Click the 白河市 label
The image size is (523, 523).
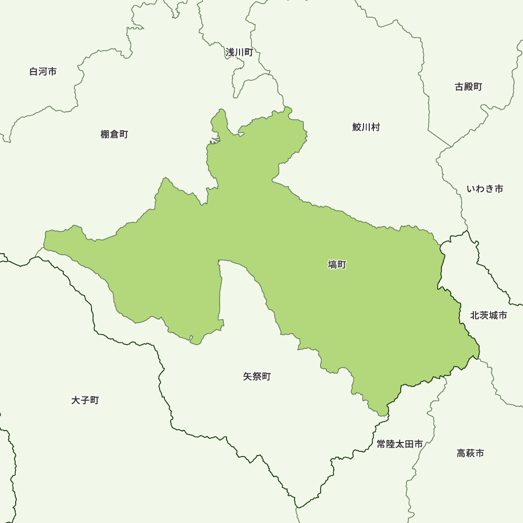pos(43,72)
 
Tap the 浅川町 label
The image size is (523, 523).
pos(239,52)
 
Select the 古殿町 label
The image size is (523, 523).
pos(469,87)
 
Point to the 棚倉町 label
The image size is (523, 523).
pos(114,134)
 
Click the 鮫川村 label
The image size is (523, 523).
pos(366,127)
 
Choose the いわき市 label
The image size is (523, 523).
pos(485,189)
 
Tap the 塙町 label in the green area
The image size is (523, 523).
pos(337,265)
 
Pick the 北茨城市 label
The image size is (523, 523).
pos(488,315)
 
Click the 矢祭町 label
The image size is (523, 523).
pos(257,377)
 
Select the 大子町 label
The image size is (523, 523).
pos(85,401)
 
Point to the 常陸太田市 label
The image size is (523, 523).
pos(400,444)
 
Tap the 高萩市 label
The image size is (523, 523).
pos(470,453)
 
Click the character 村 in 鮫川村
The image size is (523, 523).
pos(376,127)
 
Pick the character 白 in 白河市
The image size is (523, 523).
pos(34,72)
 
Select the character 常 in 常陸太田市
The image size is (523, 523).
pos(381,444)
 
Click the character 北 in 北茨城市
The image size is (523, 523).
pos(475,315)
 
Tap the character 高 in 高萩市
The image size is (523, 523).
pos(461,453)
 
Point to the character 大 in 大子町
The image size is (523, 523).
pos(76,401)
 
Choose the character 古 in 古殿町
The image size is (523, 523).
pos(459,87)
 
